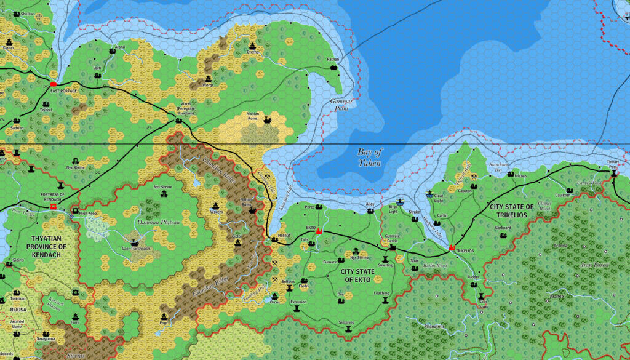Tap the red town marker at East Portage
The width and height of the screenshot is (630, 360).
(54, 83)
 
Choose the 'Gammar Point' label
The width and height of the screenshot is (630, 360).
(339, 104)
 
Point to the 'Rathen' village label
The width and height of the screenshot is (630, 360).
(333, 59)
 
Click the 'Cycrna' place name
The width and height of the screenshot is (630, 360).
(253, 52)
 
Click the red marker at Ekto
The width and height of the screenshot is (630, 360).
(319, 232)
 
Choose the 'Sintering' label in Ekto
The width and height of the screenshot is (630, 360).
(347, 322)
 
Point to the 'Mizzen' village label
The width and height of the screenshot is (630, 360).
(521, 175)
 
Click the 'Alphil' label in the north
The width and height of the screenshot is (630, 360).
(119, 46)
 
